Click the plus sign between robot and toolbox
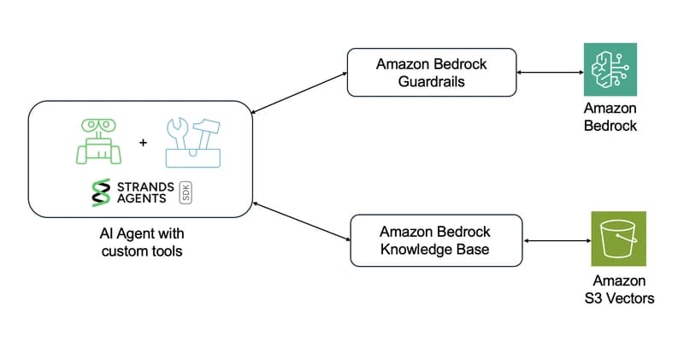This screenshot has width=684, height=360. pyautogui.click(x=143, y=142)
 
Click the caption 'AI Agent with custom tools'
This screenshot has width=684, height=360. pyautogui.click(x=142, y=241)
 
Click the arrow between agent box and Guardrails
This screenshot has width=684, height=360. pyautogui.click(x=299, y=92)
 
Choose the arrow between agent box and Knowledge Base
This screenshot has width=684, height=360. pyautogui.click(x=301, y=221)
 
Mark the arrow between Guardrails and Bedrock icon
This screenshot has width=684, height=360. pyautogui.click(x=549, y=73)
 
